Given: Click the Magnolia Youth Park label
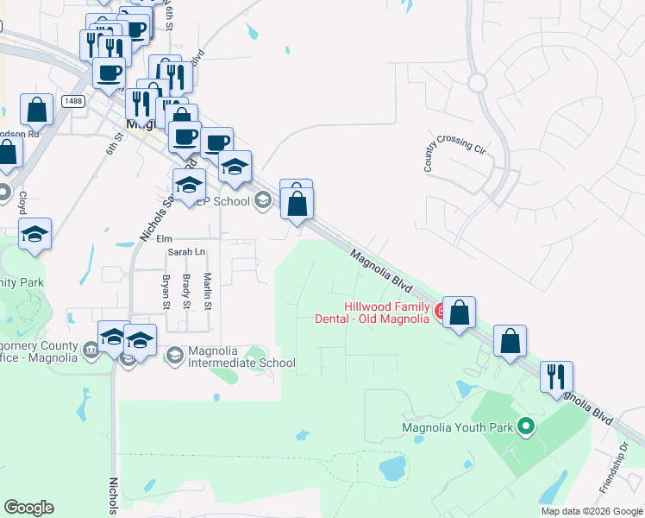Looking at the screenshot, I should click(x=457, y=426).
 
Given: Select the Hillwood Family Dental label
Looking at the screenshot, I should click(x=386, y=313).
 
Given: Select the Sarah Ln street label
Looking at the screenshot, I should click(x=187, y=252).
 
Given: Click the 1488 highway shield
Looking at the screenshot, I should click(x=72, y=102).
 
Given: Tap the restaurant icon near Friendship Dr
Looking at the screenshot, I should click(x=556, y=376).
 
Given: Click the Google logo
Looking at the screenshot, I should click(x=28, y=508).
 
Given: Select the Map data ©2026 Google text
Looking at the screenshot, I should click(x=591, y=511).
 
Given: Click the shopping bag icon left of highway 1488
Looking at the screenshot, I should click(x=37, y=110).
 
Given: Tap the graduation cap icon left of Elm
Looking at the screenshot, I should click(x=34, y=234).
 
